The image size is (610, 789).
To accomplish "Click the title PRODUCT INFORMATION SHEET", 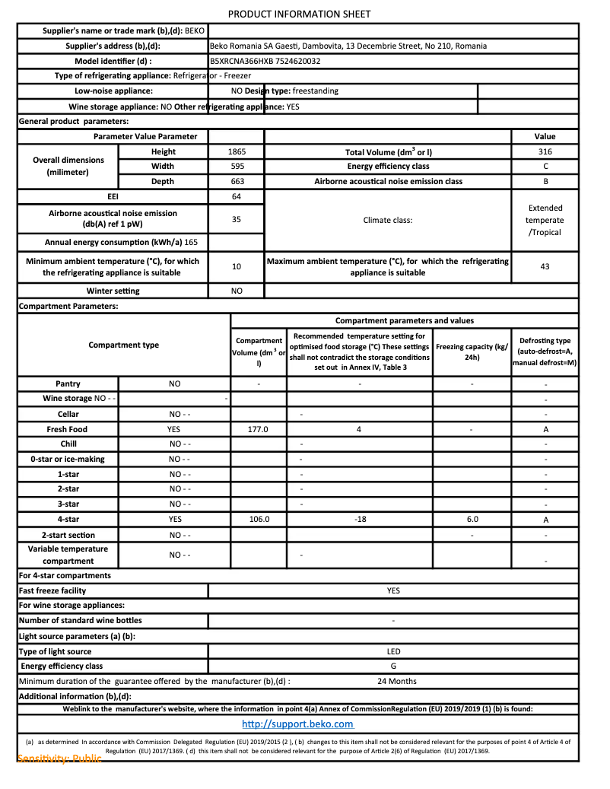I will click(300, 14).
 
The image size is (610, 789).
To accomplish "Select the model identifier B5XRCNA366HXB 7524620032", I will click(265, 61).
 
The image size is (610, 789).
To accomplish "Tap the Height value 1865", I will click(237, 151).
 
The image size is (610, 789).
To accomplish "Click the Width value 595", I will click(237, 166).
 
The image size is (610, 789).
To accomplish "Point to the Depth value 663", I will click(237, 181).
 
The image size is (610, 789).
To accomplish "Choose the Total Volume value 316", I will click(545, 151).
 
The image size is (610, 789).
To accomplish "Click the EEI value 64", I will click(237, 196).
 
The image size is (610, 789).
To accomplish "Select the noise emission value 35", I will click(237, 219).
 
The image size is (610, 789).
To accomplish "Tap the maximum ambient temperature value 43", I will click(545, 267).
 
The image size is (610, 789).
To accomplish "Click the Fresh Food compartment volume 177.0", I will click(259, 429).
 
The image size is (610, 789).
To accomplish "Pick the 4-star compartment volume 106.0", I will click(259, 519).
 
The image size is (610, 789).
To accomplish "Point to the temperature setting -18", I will click(360, 519).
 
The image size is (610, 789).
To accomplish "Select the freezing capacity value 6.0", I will click(472, 519).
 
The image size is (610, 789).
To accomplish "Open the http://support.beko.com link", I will click(297, 724).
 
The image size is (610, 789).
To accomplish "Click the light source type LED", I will click(393, 651).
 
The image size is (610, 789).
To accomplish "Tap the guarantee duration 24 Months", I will click(397, 681).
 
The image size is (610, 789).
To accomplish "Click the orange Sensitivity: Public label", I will click(59, 759).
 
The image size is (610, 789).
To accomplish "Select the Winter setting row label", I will click(113, 291).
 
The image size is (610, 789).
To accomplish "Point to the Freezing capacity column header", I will click(472, 352).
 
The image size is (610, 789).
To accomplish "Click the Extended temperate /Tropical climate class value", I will click(545, 220).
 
